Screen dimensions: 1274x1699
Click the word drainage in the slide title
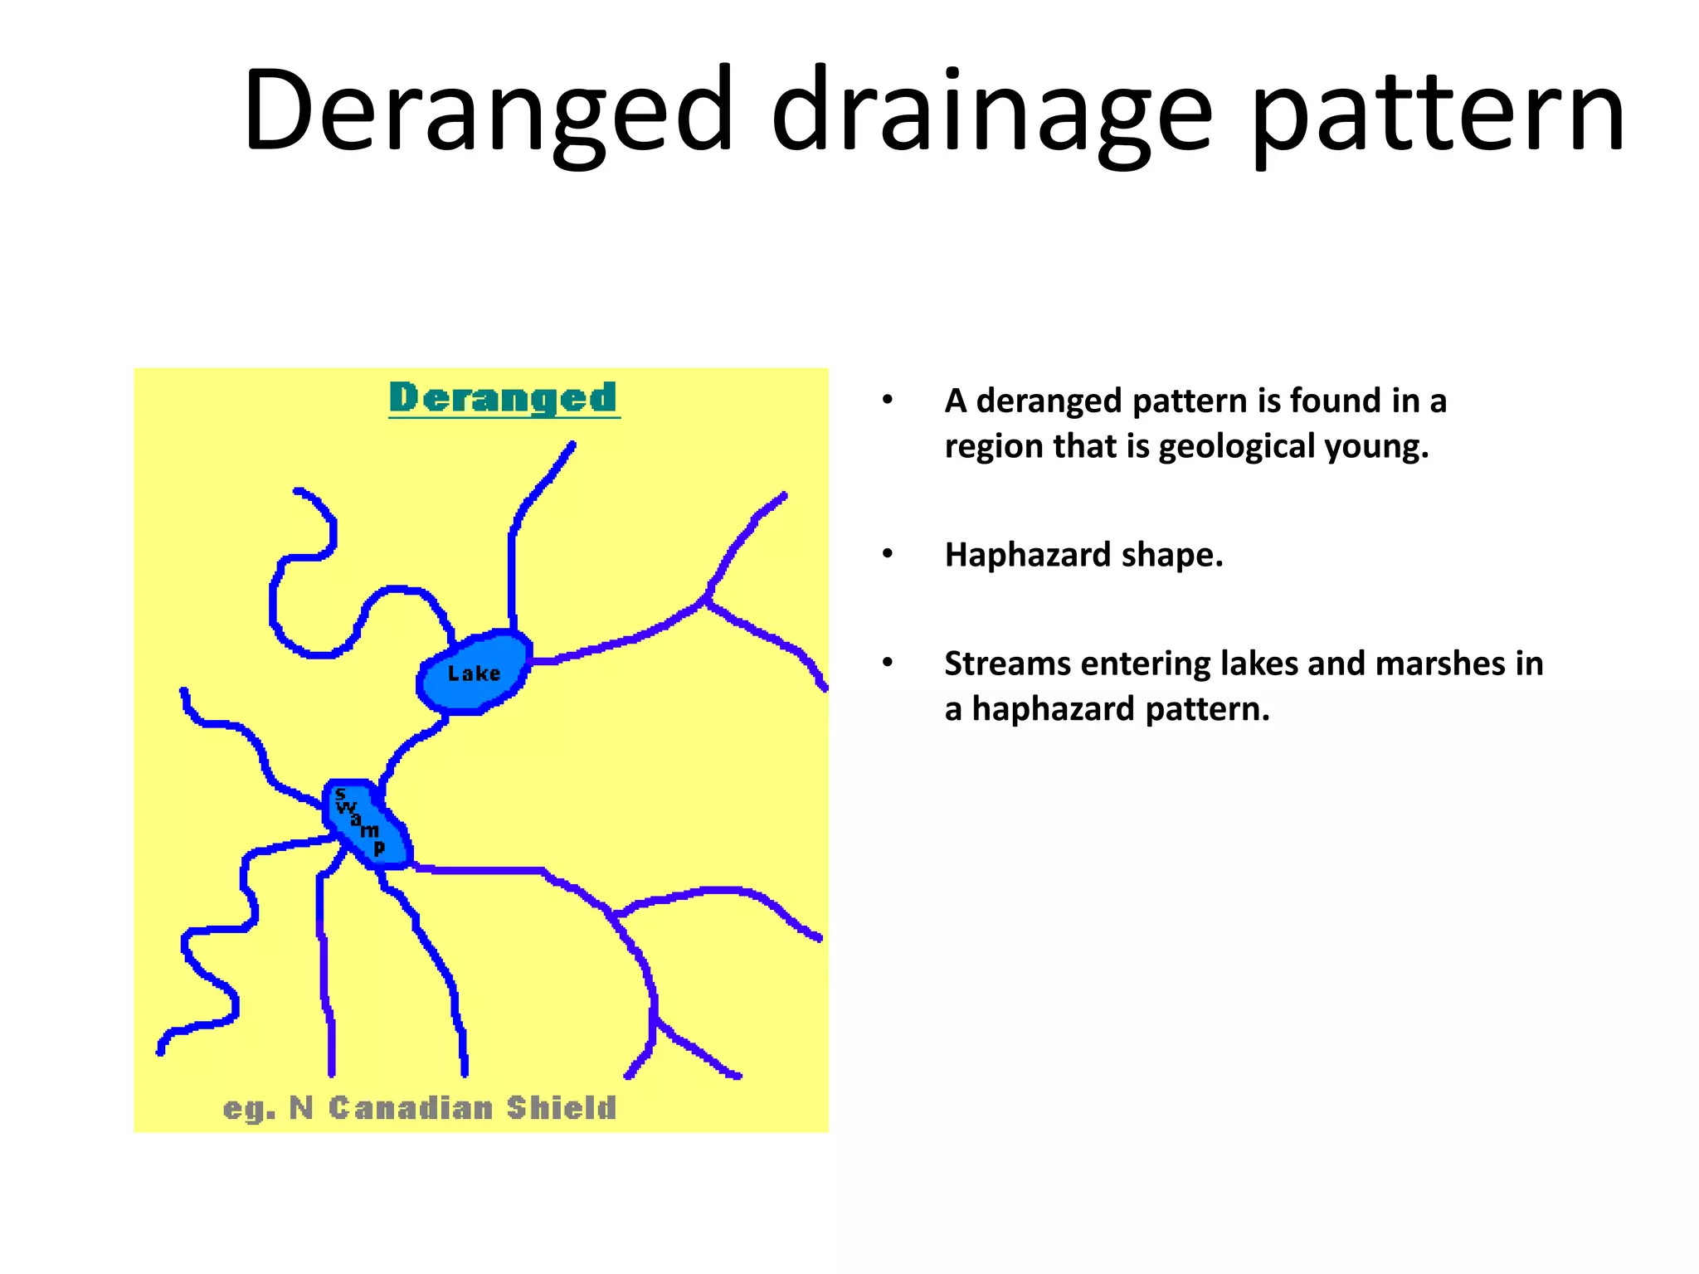[x=991, y=112]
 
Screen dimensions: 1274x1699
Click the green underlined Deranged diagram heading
[x=504, y=398]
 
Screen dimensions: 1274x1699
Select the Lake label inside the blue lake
[x=474, y=673]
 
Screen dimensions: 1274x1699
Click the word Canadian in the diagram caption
[x=411, y=1108]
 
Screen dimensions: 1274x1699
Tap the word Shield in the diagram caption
[x=562, y=1108]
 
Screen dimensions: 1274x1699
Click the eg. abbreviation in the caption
[x=249, y=1109]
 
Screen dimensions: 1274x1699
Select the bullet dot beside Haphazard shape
[x=888, y=553]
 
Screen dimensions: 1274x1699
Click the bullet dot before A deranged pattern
[x=888, y=400]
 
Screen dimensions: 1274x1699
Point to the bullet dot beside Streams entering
[x=888, y=663]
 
